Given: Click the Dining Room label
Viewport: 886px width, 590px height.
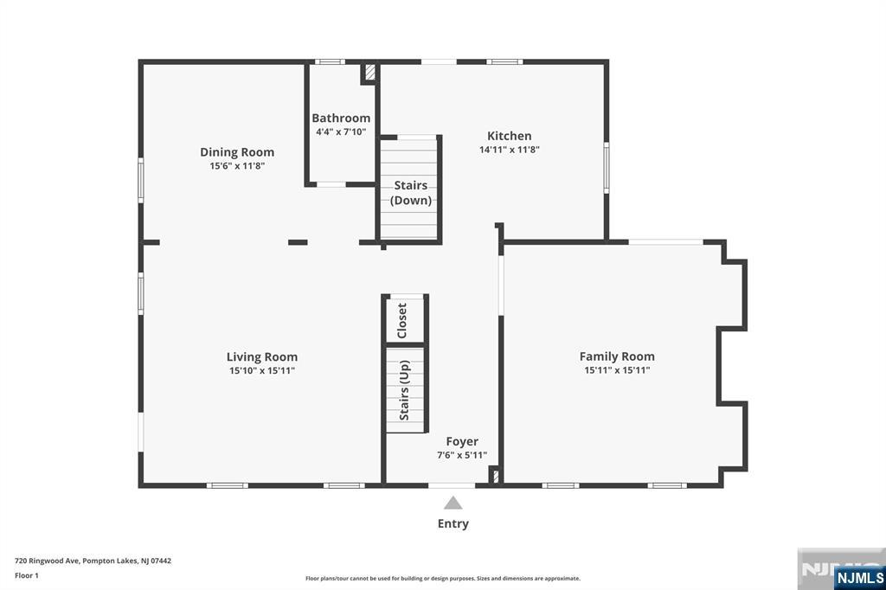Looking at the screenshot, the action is pos(237,152).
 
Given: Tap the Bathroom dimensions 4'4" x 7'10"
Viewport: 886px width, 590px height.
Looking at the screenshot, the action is pos(341,131).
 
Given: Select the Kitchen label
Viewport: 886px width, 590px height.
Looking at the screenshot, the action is pos(509,136).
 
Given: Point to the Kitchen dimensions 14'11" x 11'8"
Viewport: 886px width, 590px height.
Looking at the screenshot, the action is pos(509,150).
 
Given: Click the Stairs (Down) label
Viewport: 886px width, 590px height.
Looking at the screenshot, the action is pos(411,193).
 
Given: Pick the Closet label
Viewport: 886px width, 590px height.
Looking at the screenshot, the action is pos(402,320).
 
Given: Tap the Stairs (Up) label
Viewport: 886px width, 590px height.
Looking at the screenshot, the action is pos(405,390).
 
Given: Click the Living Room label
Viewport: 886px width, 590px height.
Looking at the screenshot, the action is pos(261,356).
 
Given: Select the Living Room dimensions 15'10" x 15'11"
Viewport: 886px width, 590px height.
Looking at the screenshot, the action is pos(261,371).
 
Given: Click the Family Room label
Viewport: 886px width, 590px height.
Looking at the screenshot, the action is pos(617,356).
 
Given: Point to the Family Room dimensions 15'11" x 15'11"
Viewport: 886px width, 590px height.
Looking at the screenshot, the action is pos(617,370).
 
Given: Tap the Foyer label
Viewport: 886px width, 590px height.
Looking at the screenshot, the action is pos(462,441).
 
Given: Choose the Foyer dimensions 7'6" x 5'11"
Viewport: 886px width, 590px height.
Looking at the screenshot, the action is pos(462,455).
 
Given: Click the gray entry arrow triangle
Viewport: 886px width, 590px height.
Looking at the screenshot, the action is pos(453,503).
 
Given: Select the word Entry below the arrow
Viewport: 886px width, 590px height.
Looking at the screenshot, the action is pos(453,524).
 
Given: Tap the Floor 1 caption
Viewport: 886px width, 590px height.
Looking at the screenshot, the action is pos(27,575).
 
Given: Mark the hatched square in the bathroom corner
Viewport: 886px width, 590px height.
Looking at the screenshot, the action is pos(370,73).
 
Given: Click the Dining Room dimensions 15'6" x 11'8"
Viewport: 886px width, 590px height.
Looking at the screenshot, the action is pos(237,166).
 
